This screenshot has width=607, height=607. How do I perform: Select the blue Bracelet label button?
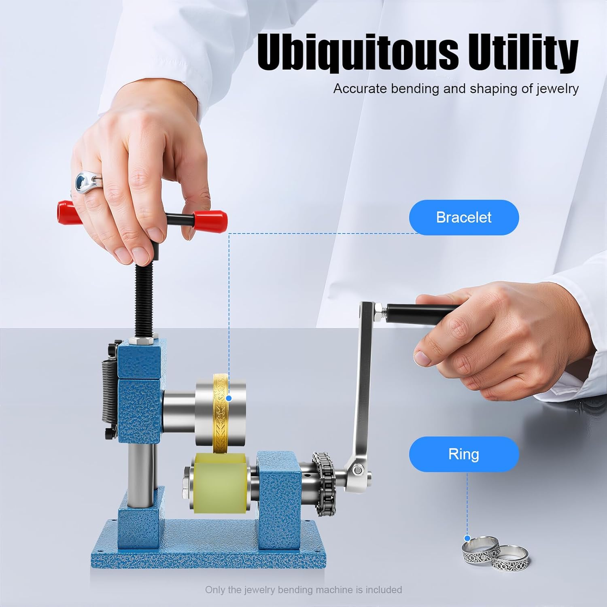(x=463, y=217)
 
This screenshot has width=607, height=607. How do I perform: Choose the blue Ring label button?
(x=463, y=454)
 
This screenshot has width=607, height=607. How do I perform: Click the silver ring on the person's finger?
(x=87, y=183)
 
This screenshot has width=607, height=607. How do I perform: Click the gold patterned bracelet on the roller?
(x=220, y=413)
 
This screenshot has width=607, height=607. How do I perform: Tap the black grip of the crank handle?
(x=421, y=313)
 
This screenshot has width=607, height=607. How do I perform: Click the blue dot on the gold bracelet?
(x=229, y=398)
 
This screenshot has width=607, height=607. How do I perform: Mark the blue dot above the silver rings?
(x=467, y=538)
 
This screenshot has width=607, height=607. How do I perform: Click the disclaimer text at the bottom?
(x=303, y=590)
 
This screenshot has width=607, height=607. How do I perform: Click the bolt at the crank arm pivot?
(x=357, y=470)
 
